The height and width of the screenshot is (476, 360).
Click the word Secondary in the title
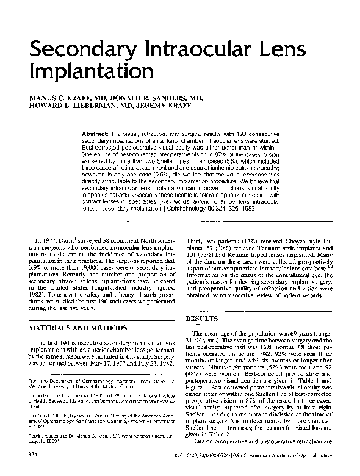tap(76, 50)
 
